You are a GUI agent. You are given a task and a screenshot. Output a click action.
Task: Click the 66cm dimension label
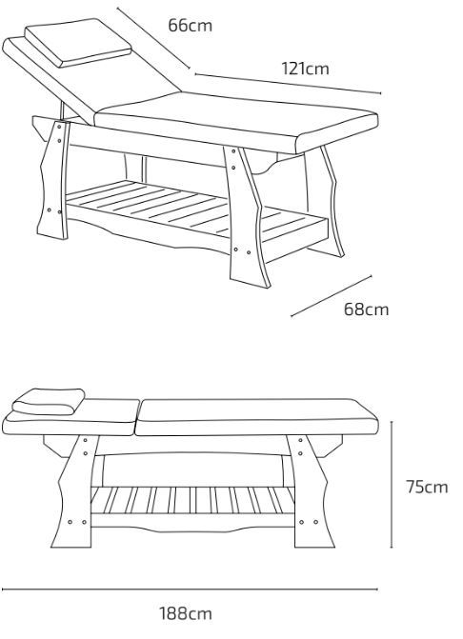tap(190, 26)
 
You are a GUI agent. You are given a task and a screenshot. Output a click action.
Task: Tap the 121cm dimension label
tap(305, 69)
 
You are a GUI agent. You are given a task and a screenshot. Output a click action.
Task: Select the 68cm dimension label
tap(366, 310)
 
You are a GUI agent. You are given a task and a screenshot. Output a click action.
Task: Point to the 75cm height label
tap(427, 487)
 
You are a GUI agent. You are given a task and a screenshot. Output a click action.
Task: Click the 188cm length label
tap(186, 613)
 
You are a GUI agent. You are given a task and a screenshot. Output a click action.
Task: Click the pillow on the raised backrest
tap(78, 43)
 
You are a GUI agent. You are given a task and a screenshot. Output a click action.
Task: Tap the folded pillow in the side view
tap(49, 402)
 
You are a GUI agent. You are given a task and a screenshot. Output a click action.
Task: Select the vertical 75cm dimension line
tap(392, 485)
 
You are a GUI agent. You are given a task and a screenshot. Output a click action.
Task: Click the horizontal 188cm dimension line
tap(190, 589)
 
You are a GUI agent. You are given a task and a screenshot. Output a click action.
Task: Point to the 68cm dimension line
tap(331, 296)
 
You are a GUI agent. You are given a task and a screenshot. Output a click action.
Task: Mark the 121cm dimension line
tap(288, 84)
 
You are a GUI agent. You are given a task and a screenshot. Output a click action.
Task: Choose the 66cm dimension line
tap(153, 38)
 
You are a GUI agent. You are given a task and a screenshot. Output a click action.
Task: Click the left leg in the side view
tap(75, 491)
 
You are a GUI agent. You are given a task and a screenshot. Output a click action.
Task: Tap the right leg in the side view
tap(310, 491)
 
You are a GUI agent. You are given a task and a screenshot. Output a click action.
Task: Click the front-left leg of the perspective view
tap(54, 179)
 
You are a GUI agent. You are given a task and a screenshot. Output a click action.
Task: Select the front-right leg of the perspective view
tap(247, 216)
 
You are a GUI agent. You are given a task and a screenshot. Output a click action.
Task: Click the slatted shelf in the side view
tap(192, 501)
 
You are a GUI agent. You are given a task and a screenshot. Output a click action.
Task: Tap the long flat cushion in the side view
tap(256, 417)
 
